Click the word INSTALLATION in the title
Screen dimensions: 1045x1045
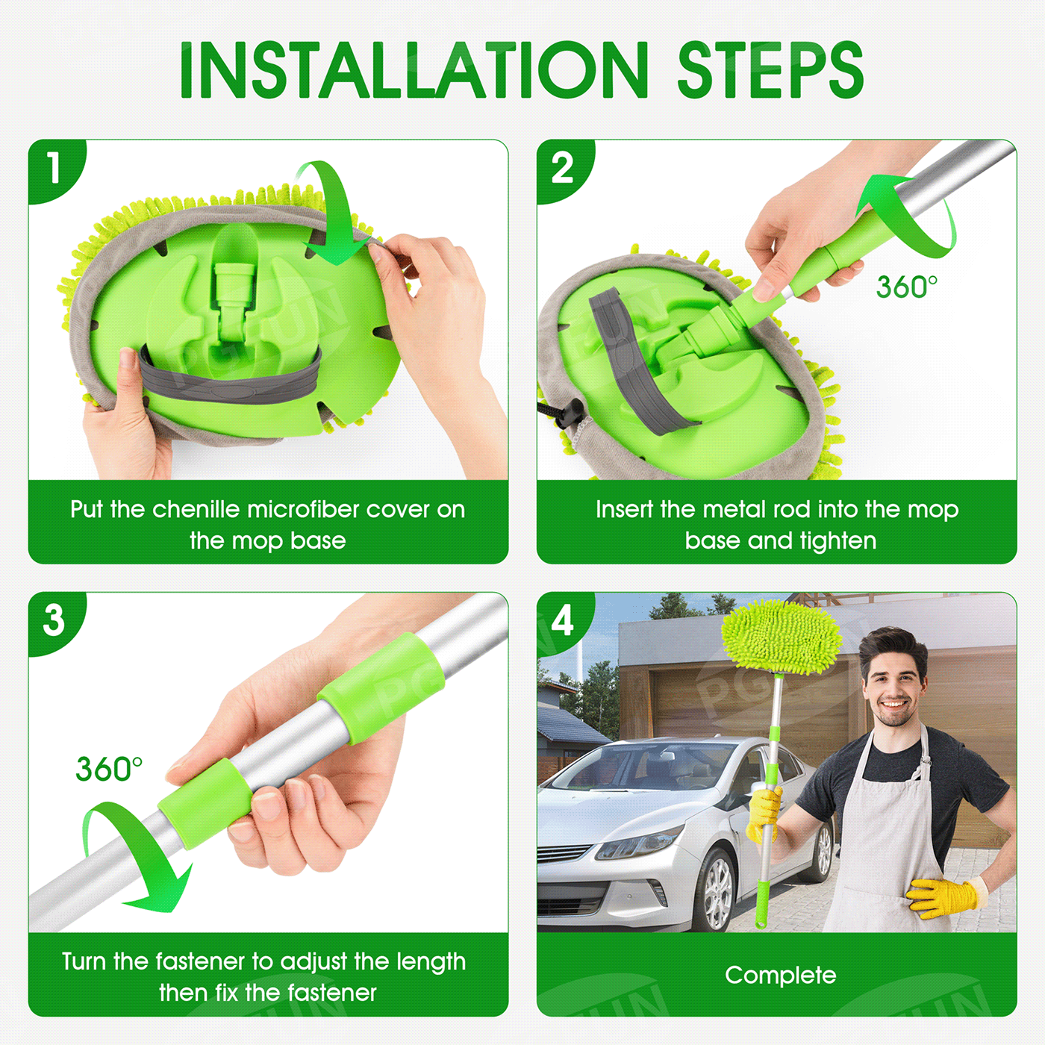[414, 70]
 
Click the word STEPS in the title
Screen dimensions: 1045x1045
[770, 70]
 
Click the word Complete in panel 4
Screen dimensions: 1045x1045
[780, 976]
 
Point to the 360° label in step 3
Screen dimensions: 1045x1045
[109, 768]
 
